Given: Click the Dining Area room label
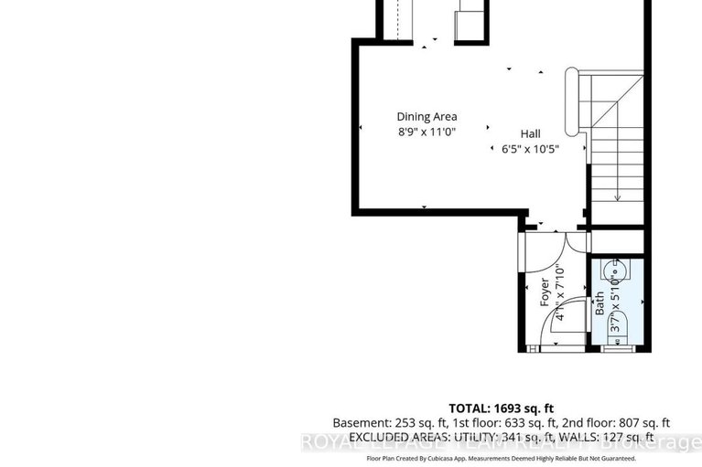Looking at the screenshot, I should [427, 116].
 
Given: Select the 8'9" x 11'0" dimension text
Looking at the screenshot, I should [427, 132].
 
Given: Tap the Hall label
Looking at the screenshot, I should [531, 133].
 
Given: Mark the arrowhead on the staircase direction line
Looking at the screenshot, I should [618, 196].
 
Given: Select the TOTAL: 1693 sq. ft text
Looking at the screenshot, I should [501, 408].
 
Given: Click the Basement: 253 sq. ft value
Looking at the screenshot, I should [382, 423].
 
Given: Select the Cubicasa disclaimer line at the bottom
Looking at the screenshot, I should [501, 458].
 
